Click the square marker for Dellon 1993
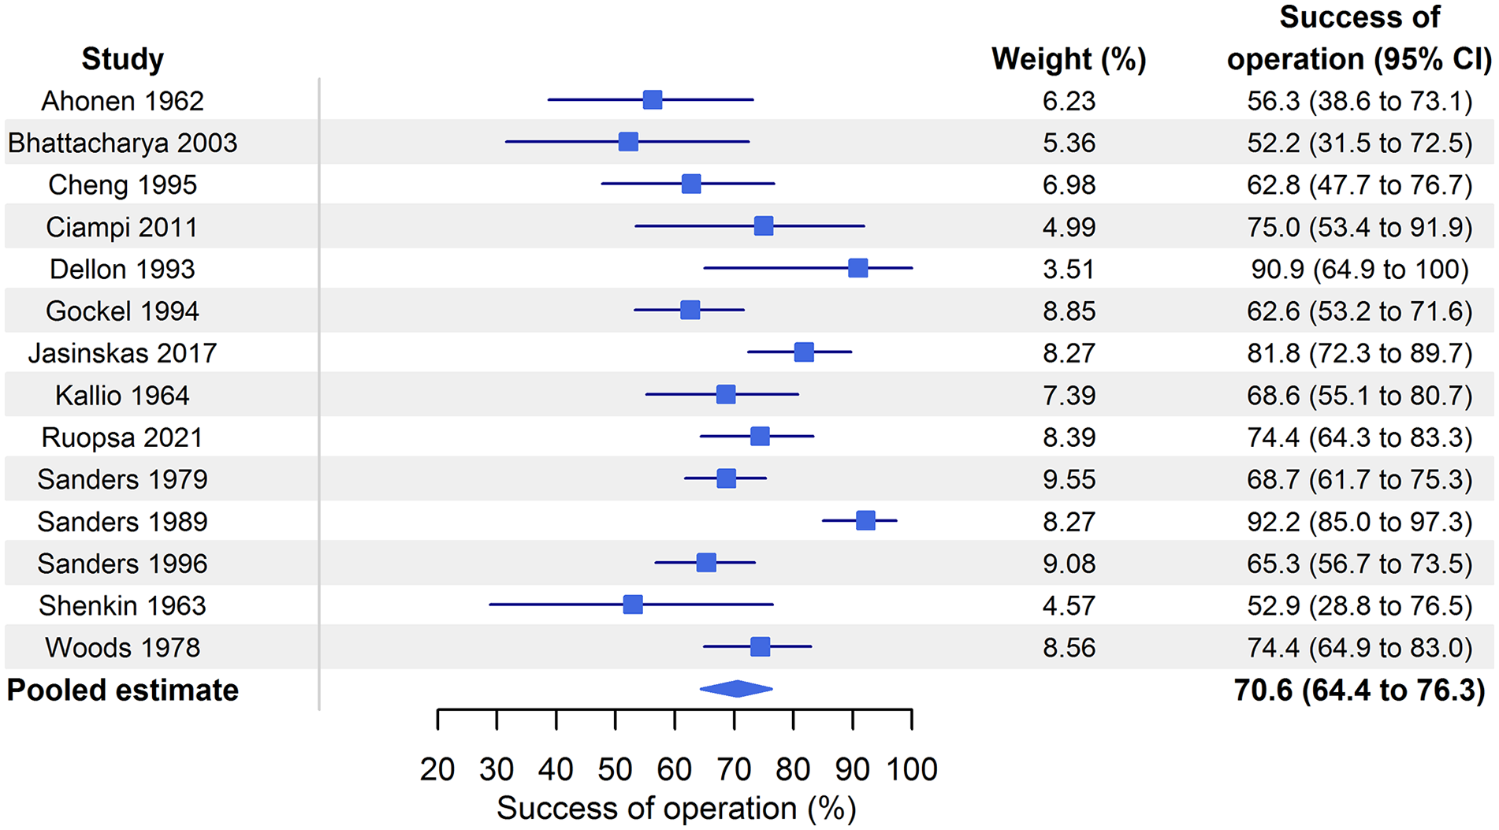point(857,269)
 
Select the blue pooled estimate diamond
point(736,689)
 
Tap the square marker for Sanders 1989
point(865,521)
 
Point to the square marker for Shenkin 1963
point(633,605)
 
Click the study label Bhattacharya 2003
point(122,143)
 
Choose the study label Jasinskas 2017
point(122,353)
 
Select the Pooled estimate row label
point(122,690)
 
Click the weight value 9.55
point(1069,479)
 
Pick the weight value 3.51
point(1069,270)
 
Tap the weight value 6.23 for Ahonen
point(1069,101)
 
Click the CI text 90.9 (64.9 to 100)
point(1360,270)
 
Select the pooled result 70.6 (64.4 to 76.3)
point(1360,690)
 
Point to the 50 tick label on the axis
point(615,769)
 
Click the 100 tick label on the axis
point(912,769)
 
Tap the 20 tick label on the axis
point(437,769)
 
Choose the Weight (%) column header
point(1069,59)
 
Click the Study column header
point(122,59)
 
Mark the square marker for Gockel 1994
point(690,311)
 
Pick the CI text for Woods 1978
point(1360,648)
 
